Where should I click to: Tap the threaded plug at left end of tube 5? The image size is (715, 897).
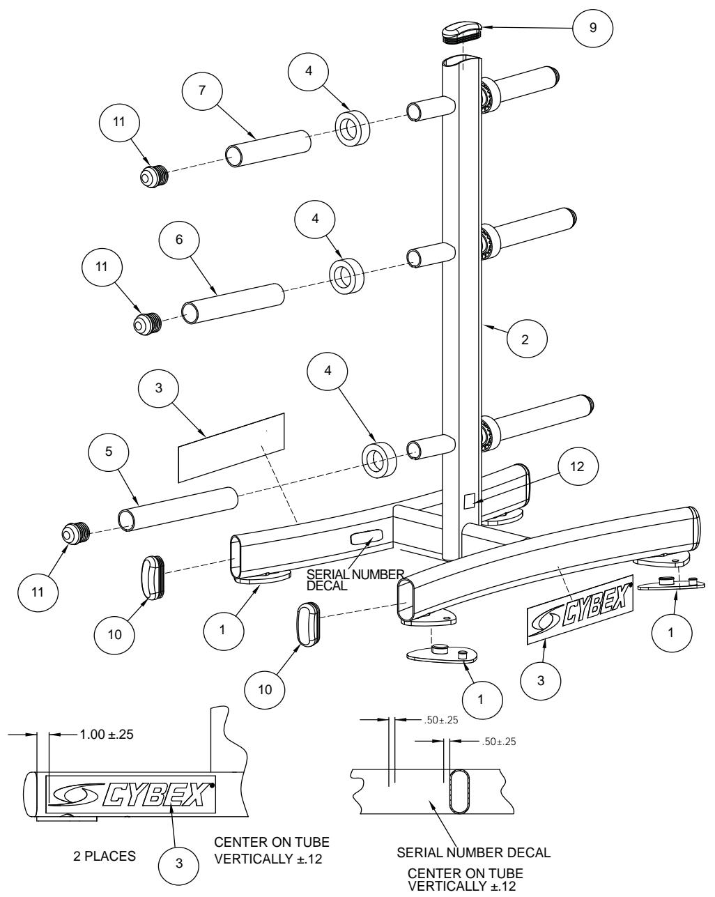point(74,533)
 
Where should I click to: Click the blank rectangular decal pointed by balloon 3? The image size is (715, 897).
point(232,446)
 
